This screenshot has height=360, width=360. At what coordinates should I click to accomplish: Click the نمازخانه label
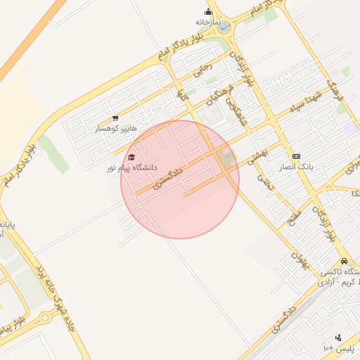pos(209,22)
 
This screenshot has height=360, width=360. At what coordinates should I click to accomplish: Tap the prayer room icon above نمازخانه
pos(209,11)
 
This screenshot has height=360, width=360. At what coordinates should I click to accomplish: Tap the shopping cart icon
pos(115,118)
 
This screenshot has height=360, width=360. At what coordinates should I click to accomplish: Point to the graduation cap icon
pos(131,157)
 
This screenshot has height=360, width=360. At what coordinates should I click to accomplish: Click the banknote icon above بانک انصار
pos(296,156)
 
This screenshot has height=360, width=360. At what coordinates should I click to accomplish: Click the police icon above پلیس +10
pos(338,337)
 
